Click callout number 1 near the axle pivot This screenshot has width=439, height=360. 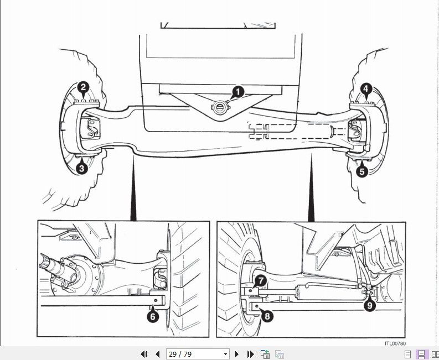point(238,92)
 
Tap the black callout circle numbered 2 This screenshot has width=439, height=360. point(84,87)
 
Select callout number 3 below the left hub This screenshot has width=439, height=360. point(82,168)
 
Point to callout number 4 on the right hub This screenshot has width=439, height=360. point(365,89)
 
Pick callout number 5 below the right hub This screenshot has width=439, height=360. point(361,171)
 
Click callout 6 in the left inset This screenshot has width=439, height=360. point(153,317)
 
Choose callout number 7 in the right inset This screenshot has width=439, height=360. point(261,281)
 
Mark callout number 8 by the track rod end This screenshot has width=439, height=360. point(267,316)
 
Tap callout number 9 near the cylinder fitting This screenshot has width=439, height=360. point(370,305)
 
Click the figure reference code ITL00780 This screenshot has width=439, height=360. point(395,343)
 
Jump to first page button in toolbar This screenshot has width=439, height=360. point(144,354)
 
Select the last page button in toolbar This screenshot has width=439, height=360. point(250,354)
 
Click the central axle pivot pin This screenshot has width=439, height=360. point(220,108)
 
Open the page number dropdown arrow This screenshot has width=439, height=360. point(225,354)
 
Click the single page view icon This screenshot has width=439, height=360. point(408,354)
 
